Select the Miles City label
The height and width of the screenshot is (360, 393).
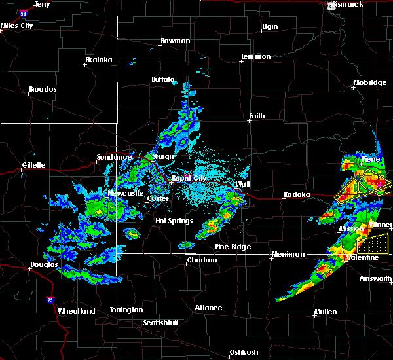[17, 26]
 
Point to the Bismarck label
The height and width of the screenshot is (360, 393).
[348, 5]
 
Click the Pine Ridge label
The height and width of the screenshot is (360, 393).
[229, 247]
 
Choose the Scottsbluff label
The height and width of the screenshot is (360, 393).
[163, 323]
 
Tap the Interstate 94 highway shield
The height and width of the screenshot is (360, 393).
[24, 12]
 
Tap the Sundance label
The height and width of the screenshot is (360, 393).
[114, 157]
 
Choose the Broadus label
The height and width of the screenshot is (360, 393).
[43, 89]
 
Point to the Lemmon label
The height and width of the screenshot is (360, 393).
[255, 57]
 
